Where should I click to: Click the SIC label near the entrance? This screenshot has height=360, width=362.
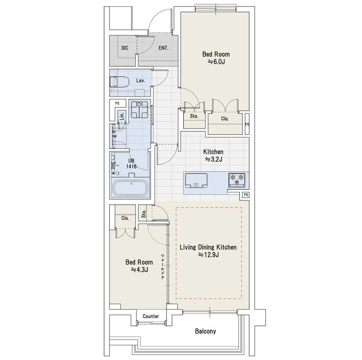pos(125,48)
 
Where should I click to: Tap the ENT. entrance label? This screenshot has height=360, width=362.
pos(164,48)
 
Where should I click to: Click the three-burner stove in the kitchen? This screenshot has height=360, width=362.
pos(237,180)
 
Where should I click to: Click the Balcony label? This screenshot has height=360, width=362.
pos(206,331)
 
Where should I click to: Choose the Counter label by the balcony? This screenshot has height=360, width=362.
pos(151,316)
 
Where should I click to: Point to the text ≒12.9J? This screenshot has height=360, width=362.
pos(209,255)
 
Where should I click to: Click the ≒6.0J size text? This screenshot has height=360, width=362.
pos(216,62)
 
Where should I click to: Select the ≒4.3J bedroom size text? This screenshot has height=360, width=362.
pos(139,269)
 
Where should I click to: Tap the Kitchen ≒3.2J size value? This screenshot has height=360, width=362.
pos(214,159)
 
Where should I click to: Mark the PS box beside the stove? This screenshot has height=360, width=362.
pos(246,195)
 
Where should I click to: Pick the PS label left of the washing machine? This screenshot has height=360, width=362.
pos(117,103)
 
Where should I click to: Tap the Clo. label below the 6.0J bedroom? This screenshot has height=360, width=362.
pos(225,119)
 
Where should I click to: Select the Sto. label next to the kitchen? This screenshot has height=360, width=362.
pos(194,116)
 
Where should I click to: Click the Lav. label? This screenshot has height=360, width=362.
pos(140,81)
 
